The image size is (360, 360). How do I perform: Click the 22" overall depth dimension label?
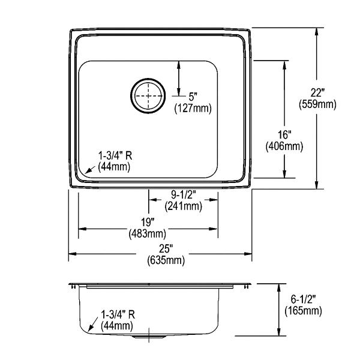317,93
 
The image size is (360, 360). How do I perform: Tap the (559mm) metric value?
317,104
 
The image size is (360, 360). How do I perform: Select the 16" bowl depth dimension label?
284,135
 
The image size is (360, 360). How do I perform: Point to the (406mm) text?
284,146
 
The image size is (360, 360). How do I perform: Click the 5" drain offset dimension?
193,97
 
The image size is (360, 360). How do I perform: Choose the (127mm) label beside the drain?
193,109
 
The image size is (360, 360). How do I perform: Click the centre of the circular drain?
148,96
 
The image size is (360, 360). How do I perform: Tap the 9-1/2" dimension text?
184,195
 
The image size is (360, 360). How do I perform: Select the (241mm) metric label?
184,206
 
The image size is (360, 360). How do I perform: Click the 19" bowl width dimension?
148,222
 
